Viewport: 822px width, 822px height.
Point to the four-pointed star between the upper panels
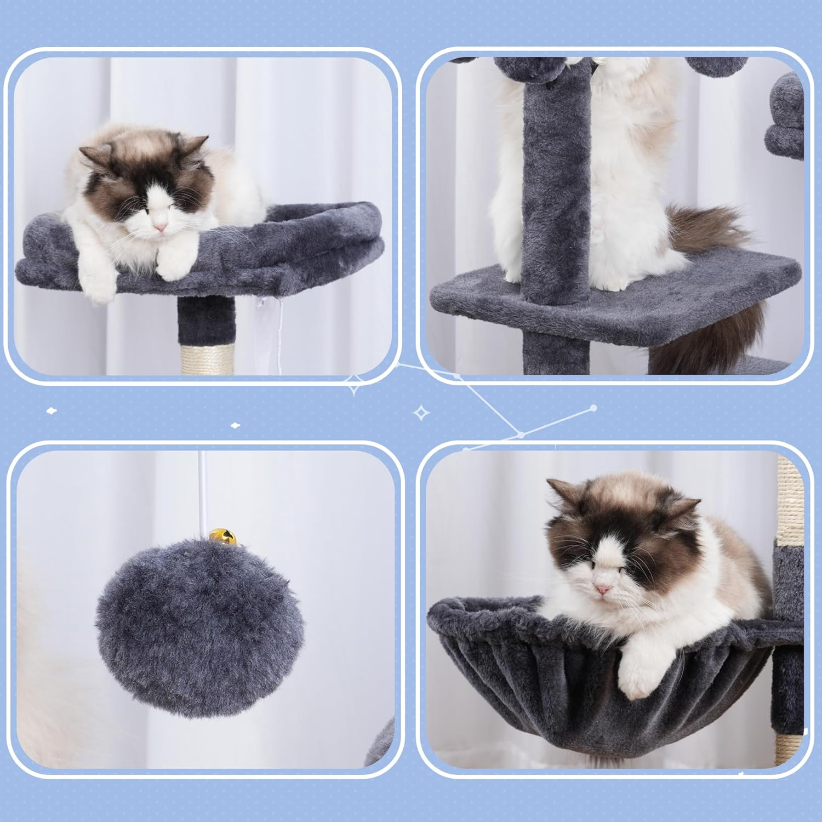tap(355, 386)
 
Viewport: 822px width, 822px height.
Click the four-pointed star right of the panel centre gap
tap(421, 413)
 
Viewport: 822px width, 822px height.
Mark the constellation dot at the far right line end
tap(593, 408)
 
